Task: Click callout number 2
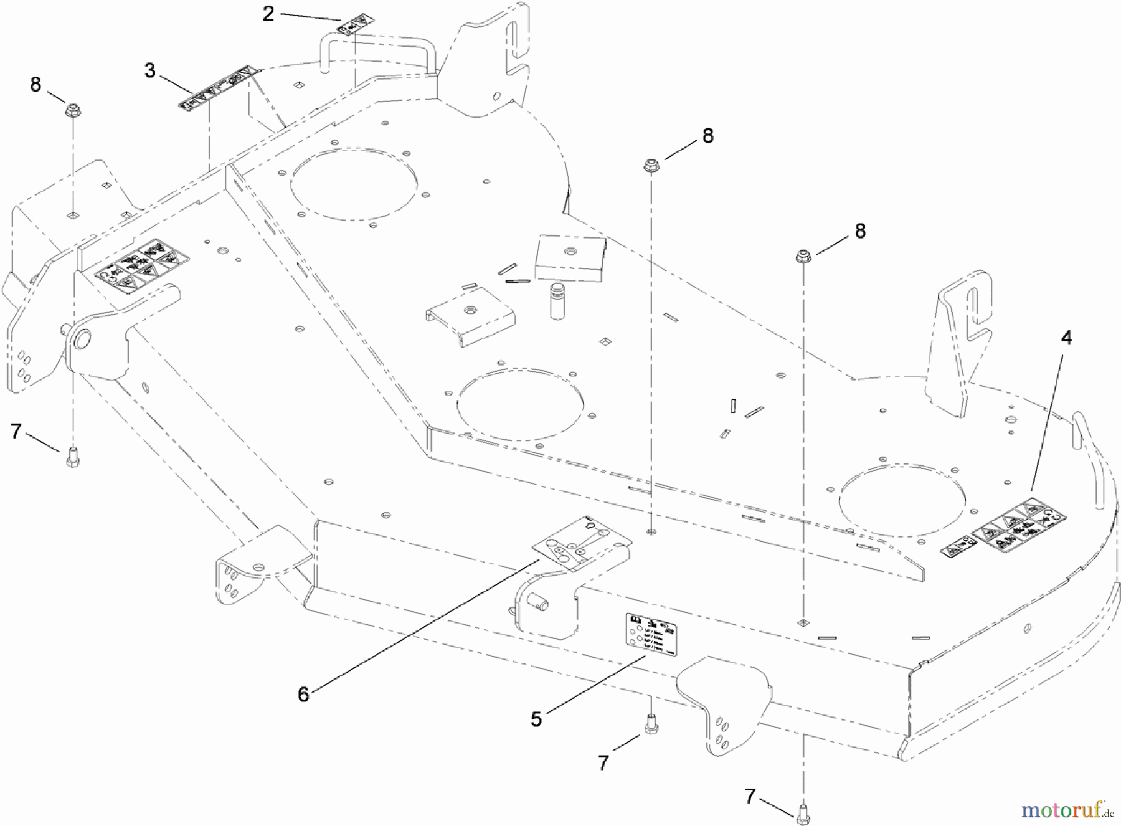(268, 13)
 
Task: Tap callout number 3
(150, 70)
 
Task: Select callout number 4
(1067, 338)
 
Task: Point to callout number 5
(536, 719)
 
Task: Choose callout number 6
(303, 694)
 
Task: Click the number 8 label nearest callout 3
(35, 85)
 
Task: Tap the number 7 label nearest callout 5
(603, 762)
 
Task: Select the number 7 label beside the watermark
(750, 795)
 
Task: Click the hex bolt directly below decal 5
(651, 724)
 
